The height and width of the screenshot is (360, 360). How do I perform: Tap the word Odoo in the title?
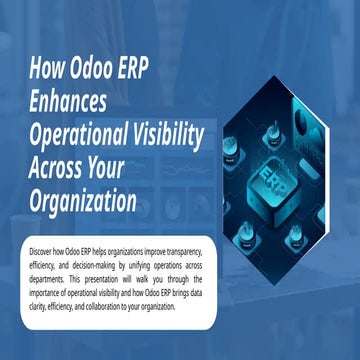96,73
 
